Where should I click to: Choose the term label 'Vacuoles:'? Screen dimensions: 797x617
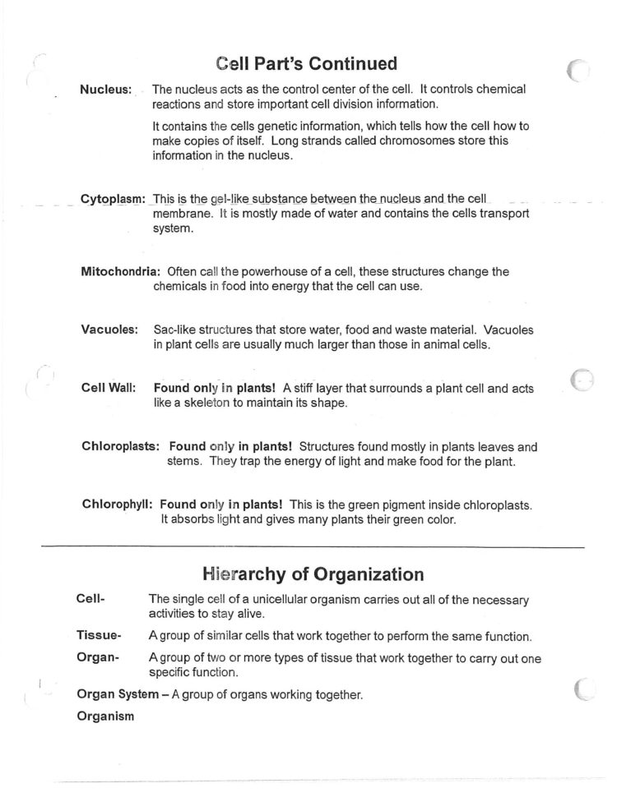click(109, 329)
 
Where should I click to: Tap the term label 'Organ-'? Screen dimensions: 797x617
click(98, 657)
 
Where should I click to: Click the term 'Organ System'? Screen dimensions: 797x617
click(117, 694)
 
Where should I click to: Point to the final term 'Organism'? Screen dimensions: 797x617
click(104, 716)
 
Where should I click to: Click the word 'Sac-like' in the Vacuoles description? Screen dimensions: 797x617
click(176, 329)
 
